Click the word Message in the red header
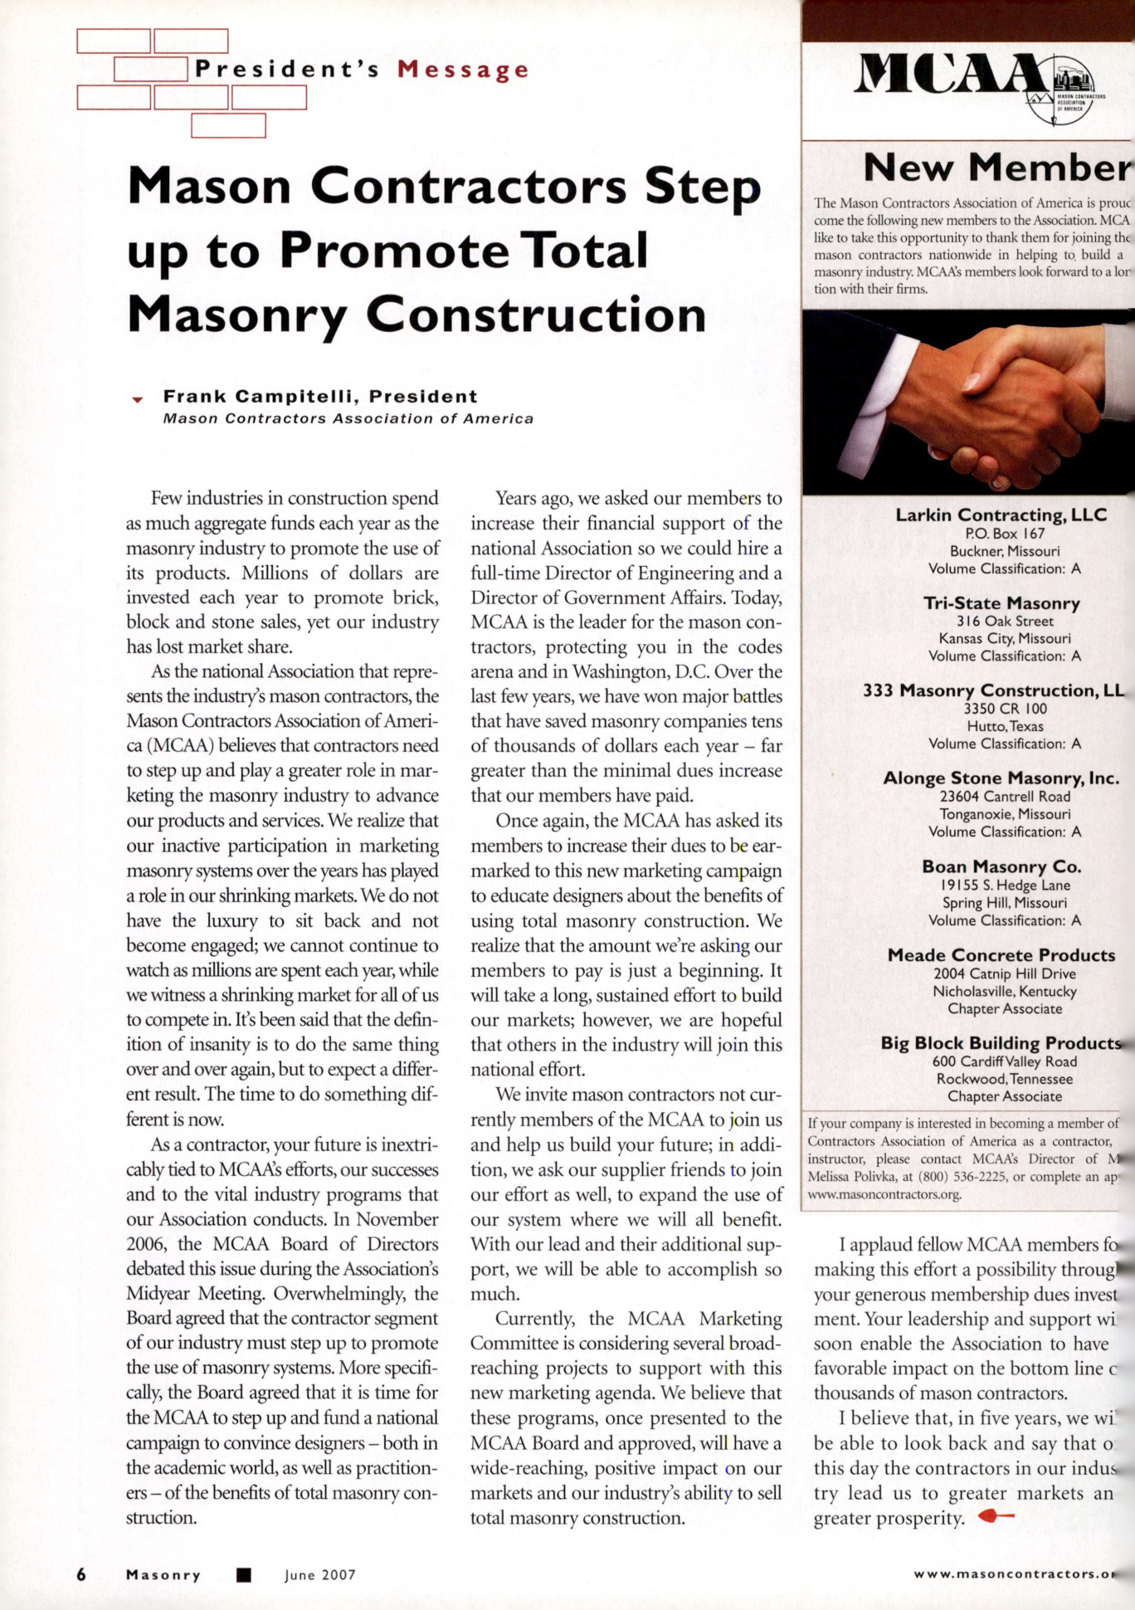(x=462, y=70)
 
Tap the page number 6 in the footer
(x=81, y=1574)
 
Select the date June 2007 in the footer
(x=320, y=1575)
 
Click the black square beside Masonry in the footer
(x=243, y=1575)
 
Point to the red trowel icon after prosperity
(x=996, y=1516)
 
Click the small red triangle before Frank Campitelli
(x=138, y=400)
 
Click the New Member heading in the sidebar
(x=996, y=168)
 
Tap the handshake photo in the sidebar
(x=967, y=402)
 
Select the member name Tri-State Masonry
(x=1001, y=603)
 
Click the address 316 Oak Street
(x=1004, y=622)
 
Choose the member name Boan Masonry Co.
(x=1001, y=866)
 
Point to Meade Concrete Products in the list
(x=1001, y=955)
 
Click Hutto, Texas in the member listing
(x=1005, y=726)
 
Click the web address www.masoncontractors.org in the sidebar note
(x=884, y=1195)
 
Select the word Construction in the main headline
(x=535, y=316)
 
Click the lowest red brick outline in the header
(x=228, y=125)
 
